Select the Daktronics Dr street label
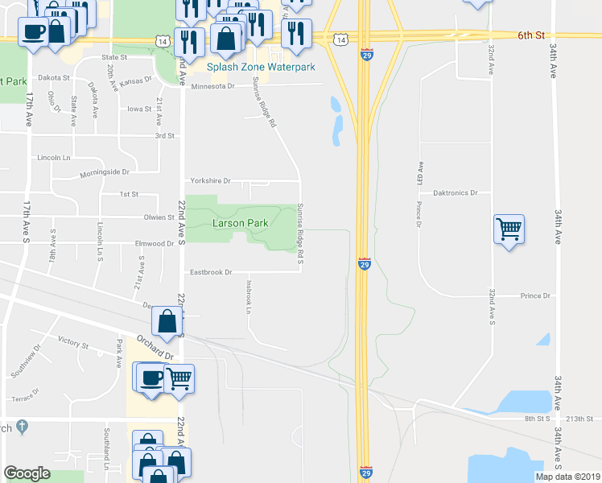point(456,193)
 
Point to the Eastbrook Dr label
point(211,273)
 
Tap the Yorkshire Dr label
point(210,181)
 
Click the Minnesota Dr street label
point(212,86)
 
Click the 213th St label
point(578,419)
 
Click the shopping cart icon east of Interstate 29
point(509,229)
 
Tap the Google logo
point(27,473)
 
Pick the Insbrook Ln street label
point(249,296)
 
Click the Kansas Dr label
point(136,81)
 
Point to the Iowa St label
point(138,109)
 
